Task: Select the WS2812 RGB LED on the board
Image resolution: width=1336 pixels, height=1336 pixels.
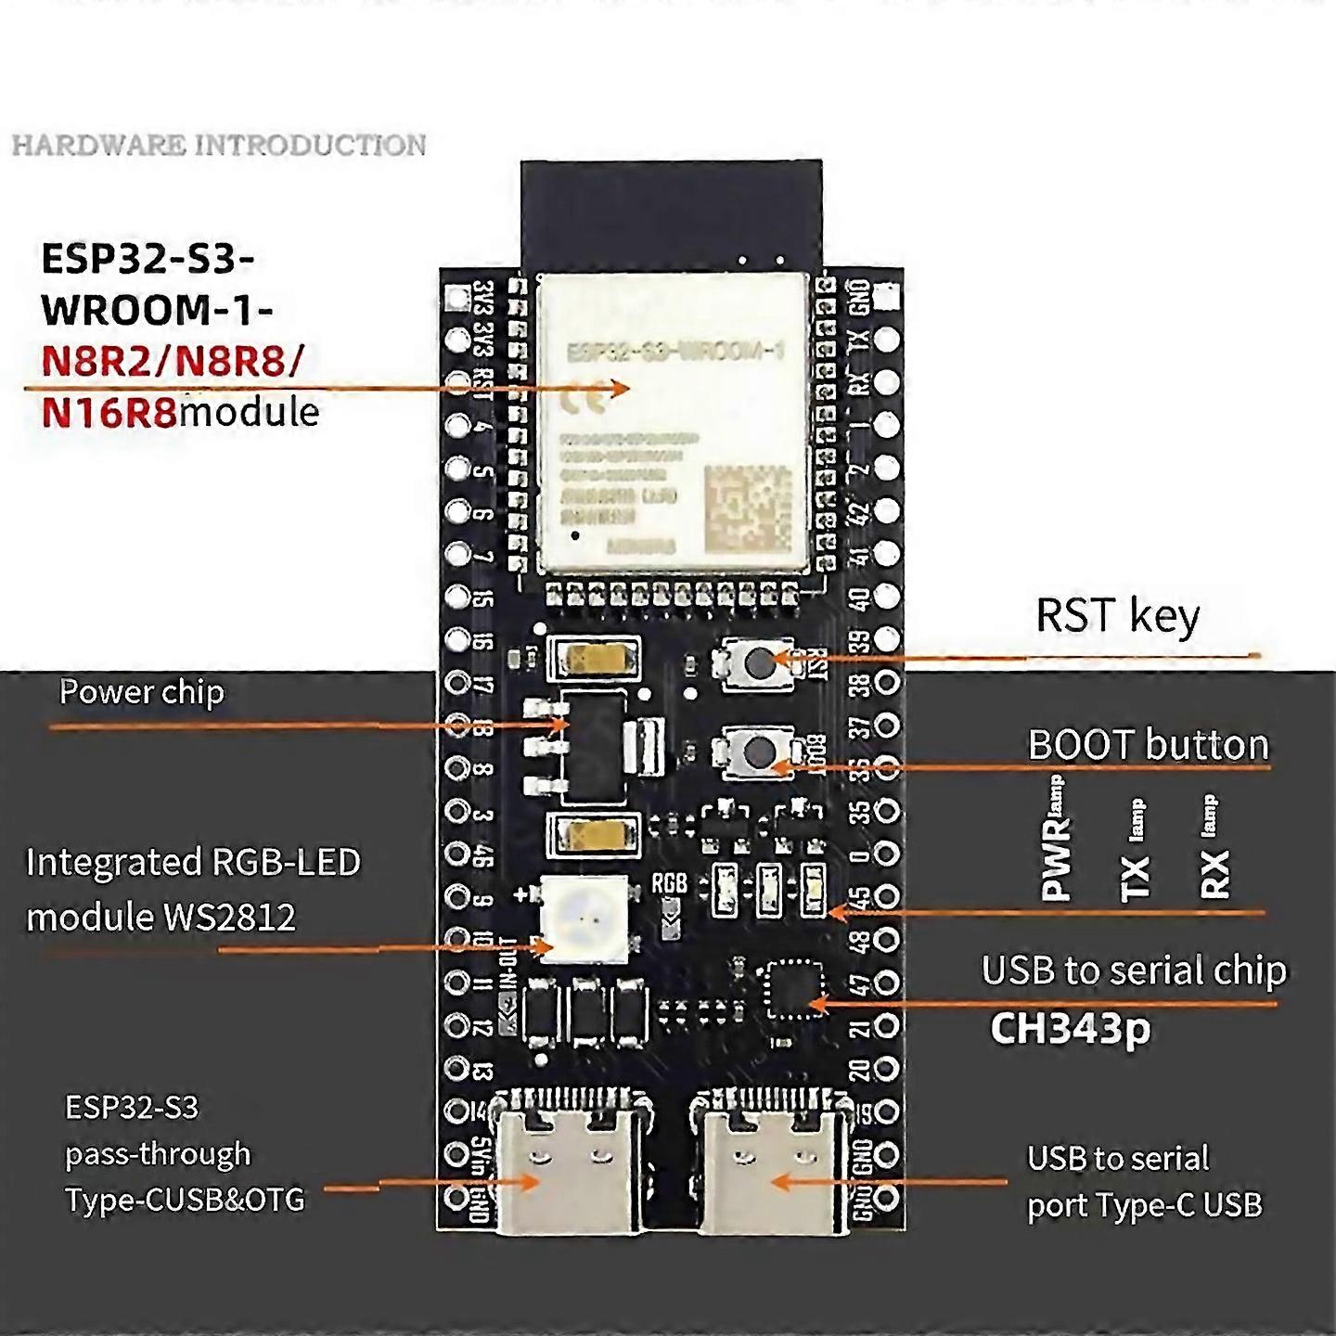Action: click(x=584, y=918)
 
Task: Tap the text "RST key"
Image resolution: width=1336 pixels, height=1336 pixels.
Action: click(x=1117, y=616)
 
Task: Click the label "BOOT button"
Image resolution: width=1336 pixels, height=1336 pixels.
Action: click(x=1148, y=745)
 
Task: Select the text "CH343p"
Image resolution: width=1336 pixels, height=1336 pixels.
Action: click(x=1070, y=1028)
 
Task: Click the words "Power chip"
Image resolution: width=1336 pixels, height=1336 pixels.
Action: click(x=141, y=692)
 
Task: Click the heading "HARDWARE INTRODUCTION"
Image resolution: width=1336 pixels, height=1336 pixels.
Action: click(x=219, y=145)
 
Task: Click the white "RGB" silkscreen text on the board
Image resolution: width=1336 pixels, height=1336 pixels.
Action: click(x=669, y=882)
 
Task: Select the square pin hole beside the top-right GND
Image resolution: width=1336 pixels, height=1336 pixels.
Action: click(x=886, y=297)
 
